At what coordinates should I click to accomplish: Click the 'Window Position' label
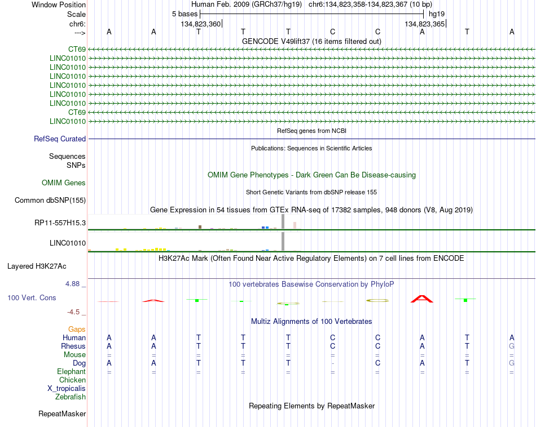click(59, 5)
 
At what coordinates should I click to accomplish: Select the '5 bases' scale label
click(184, 14)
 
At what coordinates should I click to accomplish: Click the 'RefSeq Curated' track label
click(60, 139)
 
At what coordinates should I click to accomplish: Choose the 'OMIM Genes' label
click(64, 183)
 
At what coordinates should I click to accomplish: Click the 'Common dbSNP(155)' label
click(50, 201)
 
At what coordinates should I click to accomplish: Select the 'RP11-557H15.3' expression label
click(60, 223)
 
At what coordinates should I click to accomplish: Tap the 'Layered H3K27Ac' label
click(37, 266)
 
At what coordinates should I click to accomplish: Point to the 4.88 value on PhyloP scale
click(72, 284)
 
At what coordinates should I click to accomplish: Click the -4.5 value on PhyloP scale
click(73, 312)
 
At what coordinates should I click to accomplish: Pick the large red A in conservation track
click(422, 299)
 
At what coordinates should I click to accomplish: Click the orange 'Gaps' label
click(77, 329)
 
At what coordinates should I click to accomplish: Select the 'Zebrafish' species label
click(71, 397)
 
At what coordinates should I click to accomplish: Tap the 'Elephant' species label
click(71, 371)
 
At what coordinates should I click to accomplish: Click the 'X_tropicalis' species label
click(67, 389)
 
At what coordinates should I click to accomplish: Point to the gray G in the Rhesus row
click(512, 346)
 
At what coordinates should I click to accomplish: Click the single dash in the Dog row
click(333, 363)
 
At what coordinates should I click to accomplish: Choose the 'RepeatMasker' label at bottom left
click(62, 414)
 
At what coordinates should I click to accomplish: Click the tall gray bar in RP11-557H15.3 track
click(283, 221)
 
